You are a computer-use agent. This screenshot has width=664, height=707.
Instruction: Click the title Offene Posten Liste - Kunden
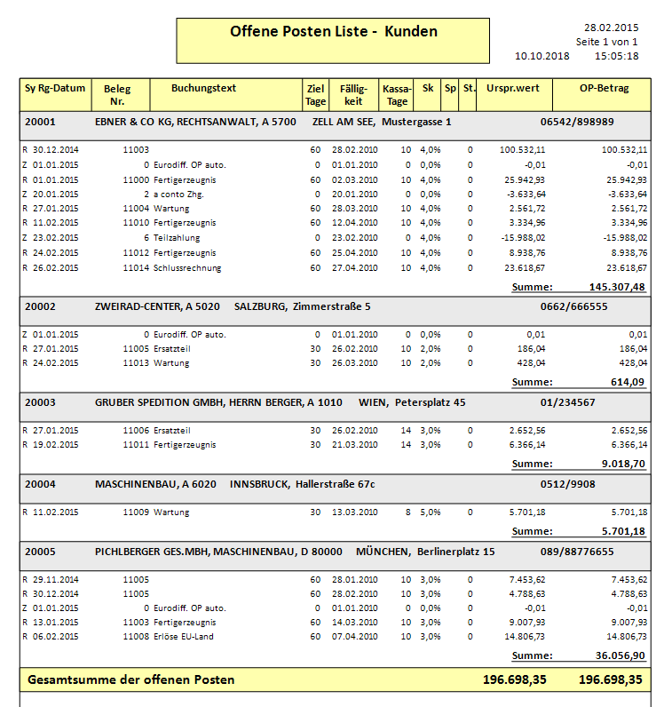pos(333,32)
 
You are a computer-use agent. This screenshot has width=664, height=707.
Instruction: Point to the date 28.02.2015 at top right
pos(613,28)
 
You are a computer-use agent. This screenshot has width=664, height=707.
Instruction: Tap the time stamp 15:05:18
pos(617,55)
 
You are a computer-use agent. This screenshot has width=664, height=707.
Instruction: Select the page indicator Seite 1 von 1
pos(607,42)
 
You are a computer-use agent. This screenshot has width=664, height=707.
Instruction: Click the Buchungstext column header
pos(203,89)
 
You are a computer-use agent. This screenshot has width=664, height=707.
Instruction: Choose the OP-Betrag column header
pos(604,89)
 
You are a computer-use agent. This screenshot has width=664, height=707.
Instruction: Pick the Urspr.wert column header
pos(514,89)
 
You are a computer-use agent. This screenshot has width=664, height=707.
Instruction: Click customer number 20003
pos(40,402)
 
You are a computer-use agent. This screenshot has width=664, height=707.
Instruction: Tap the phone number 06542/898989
pos(577,122)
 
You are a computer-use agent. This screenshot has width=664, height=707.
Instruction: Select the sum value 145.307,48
pos(617,287)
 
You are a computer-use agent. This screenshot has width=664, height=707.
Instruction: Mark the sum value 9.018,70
pos(622,463)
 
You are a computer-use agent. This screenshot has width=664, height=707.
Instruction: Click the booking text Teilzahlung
pos(177,238)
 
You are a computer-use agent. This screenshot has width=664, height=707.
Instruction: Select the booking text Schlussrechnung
pos(187,267)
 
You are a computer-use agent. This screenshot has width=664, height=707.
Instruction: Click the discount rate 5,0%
pos(430,512)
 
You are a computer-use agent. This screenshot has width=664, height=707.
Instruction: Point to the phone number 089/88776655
pos(577,552)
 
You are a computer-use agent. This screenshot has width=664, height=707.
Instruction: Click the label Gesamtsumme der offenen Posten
pos(131,679)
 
